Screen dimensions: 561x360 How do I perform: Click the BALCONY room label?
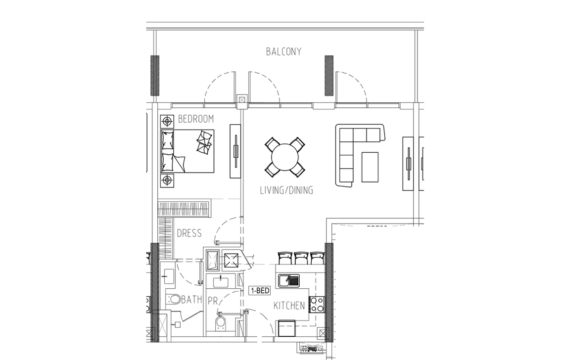pos(283,52)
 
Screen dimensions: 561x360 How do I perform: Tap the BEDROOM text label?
pos(196,119)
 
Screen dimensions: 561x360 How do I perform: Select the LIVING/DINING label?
pos(286,190)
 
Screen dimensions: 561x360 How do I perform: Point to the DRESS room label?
pos(189,233)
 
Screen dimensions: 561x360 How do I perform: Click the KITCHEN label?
pos(289,306)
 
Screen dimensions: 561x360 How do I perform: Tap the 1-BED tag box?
pos(260,291)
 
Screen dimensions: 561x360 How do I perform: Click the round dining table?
pos(285,157)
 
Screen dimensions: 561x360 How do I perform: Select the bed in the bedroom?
pos(187,151)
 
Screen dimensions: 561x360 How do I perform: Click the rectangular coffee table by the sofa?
pos(370,167)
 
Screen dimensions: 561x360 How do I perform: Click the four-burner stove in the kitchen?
pos(317,305)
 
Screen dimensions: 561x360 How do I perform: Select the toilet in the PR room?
pos(220,323)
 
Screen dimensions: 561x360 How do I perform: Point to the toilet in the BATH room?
pos(173,299)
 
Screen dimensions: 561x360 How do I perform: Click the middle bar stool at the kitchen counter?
pos(301,258)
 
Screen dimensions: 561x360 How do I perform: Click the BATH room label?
pos(192,299)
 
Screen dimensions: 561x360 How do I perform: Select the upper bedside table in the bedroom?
pos(167,122)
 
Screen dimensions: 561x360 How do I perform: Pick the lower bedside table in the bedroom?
pos(167,180)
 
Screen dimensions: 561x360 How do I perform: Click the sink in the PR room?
pos(221,282)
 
